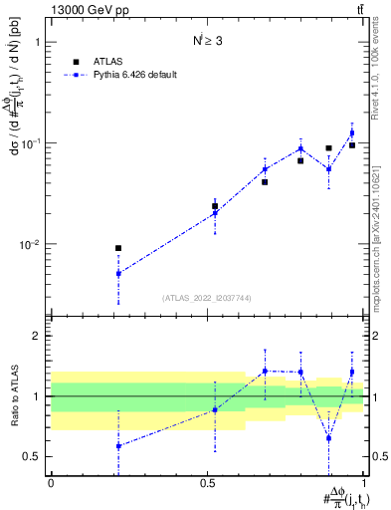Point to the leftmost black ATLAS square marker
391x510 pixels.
(118, 248)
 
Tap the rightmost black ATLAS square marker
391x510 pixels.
(352, 145)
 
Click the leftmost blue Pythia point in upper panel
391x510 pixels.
(118, 273)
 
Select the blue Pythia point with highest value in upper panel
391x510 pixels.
(352, 132)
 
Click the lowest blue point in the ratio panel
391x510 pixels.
(118, 446)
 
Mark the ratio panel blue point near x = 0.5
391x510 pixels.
(215, 409)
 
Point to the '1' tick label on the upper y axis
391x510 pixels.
(38, 43)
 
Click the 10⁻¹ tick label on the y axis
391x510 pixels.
(32, 143)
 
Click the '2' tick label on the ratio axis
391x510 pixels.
(38, 336)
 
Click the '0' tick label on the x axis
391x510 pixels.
(51, 481)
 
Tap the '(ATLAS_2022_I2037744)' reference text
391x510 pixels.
(207, 298)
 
